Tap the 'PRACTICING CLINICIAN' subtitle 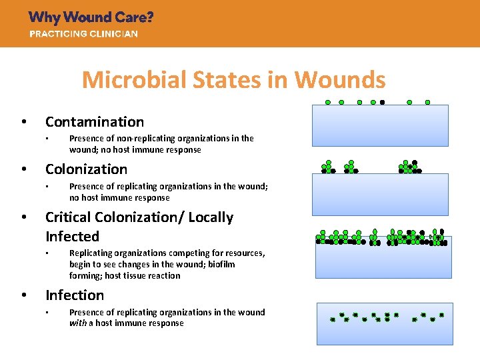pos(83,34)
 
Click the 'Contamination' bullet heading pos(95,122)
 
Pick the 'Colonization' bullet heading pos(86,169)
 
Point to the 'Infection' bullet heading pos(75,295)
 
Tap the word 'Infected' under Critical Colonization pos(72,237)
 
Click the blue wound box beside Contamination pos(381,125)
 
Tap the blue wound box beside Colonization pos(381,194)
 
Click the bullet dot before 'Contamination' pos(24,122)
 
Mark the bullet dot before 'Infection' pos(24,295)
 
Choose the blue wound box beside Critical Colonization pos(381,260)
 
